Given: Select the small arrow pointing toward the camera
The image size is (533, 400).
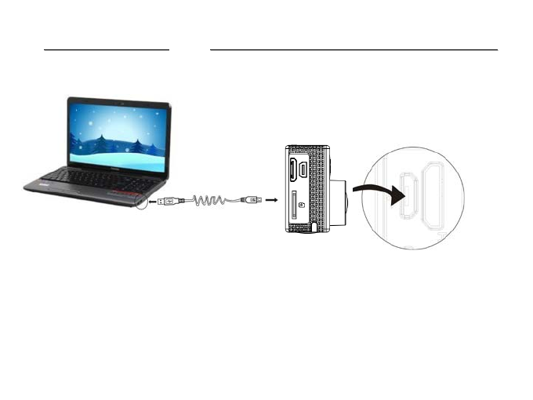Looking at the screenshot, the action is click(272, 202).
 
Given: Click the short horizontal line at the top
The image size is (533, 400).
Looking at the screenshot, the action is click(107, 49).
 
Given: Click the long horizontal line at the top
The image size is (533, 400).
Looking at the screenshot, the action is click(354, 49).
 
